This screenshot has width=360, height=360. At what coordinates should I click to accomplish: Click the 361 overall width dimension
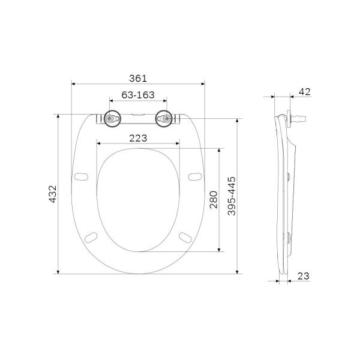(137, 78)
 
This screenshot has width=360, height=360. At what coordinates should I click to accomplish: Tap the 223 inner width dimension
(137, 138)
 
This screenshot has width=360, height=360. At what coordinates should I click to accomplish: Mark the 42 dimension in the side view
(304, 92)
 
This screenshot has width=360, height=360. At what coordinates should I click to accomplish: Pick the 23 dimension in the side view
(303, 276)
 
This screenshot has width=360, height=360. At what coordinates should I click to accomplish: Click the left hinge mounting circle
(111, 119)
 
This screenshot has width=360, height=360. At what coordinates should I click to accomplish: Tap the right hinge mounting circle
(163, 119)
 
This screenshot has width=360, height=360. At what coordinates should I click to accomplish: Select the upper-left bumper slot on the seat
(82, 176)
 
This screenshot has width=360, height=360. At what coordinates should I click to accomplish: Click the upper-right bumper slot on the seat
(193, 176)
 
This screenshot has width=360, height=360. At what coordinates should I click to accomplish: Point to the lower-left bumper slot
(92, 236)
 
